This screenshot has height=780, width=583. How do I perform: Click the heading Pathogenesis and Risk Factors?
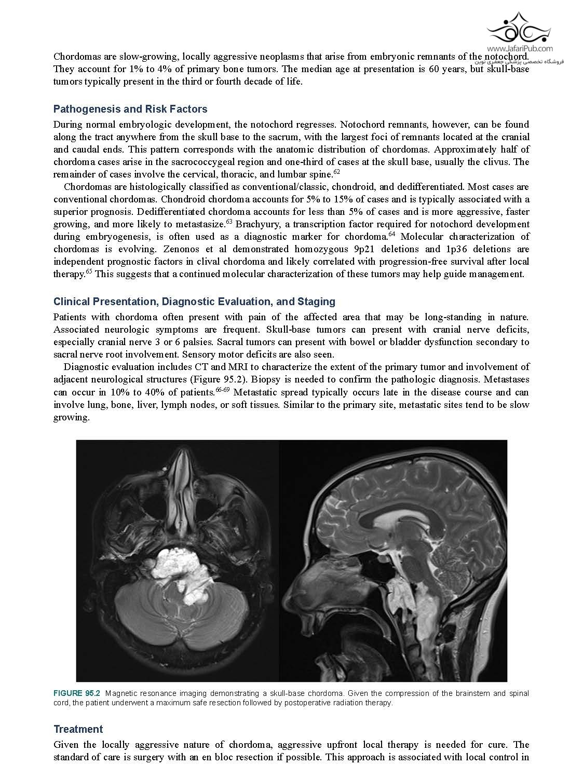tap(130, 109)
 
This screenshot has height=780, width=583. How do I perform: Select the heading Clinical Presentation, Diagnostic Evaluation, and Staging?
tap(194, 302)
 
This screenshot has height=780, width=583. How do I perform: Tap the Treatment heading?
tap(78, 729)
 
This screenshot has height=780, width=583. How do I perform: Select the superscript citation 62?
tap(336, 172)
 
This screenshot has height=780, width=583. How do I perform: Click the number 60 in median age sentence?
tap(435, 70)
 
